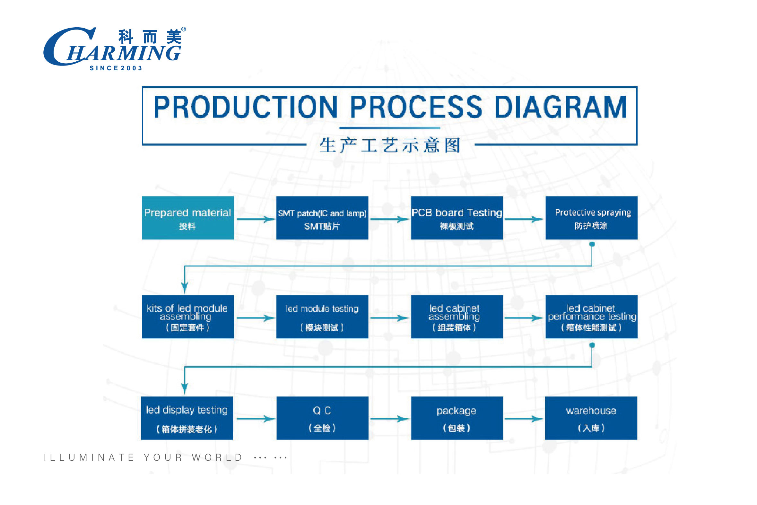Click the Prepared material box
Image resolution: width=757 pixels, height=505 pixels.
tap(188, 218)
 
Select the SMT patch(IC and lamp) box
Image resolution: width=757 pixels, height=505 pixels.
tap(322, 218)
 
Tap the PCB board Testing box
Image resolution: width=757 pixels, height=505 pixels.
tap(457, 218)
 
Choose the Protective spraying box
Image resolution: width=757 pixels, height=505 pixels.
tap(591, 218)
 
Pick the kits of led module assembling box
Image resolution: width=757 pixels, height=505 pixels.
tap(188, 317)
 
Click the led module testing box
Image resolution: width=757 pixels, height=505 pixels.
tap(322, 317)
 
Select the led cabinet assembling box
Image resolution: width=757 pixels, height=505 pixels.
tap(457, 317)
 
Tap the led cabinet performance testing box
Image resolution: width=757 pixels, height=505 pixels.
tap(591, 317)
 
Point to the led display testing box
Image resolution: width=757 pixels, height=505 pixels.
tap(187, 418)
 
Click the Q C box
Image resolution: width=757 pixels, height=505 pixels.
tap(322, 418)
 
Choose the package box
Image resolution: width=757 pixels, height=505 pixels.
tap(457, 418)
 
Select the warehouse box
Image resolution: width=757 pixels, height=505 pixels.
tap(591, 418)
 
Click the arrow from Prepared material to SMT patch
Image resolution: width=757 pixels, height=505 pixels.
tap(256, 219)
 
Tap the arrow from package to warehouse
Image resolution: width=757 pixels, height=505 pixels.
tap(524, 419)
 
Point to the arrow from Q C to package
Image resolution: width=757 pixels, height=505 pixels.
tap(389, 419)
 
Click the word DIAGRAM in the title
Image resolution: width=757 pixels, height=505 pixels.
tap(560, 107)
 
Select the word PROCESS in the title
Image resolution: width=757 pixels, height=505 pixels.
tap(416, 107)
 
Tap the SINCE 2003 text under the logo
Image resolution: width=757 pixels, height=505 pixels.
tap(116, 68)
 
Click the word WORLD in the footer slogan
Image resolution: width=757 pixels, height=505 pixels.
tap(217, 457)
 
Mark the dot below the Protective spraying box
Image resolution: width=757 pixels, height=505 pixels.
tap(592, 244)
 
